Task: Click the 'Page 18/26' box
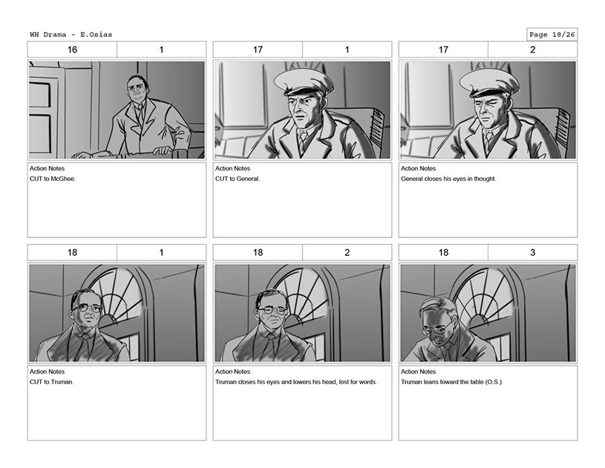pos(552,35)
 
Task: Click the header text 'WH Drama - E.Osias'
pos(71,35)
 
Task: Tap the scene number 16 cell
pos(72,50)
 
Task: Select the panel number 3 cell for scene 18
pos(532,252)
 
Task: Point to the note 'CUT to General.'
pos(238,179)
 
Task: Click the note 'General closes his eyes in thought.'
pos(448,179)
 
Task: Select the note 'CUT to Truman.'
pos(52,382)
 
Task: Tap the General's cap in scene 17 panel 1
pos(304,82)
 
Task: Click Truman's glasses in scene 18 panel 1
pos(87,309)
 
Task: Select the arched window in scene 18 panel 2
pos(305,305)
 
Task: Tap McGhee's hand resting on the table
pos(161,151)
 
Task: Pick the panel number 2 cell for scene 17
pos(532,50)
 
